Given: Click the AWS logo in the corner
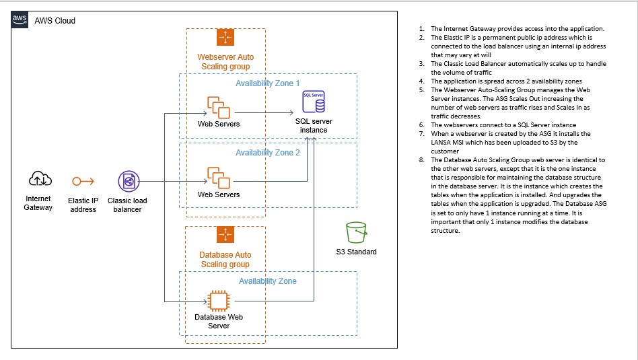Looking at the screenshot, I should tap(20, 20).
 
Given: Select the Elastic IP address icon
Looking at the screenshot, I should tap(83, 181).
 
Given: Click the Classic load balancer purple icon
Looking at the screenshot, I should tap(128, 181).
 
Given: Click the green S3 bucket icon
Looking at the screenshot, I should tap(355, 232).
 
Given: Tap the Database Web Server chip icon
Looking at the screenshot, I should tap(217, 299).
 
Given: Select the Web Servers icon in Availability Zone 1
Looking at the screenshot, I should tap(219, 107).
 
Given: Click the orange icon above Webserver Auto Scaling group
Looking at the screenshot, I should tap(225, 38).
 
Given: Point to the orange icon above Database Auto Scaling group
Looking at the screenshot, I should tap(225, 235).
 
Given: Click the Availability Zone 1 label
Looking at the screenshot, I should tap(269, 83).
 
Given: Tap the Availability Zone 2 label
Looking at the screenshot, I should tap(269, 153).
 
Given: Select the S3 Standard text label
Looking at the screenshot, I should tap(356, 252).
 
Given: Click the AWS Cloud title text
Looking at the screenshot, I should tap(55, 21).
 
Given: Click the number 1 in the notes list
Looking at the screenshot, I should tap(420, 29).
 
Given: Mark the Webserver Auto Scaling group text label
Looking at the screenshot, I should tap(225, 62).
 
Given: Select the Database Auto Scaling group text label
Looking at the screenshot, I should tap(225, 260).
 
